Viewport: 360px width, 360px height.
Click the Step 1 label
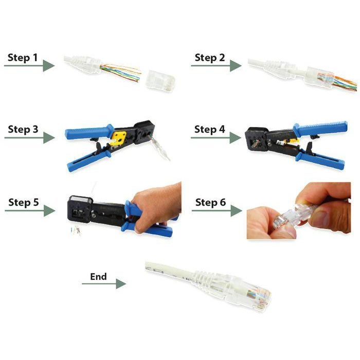click(x=23, y=57)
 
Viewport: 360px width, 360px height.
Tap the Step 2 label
click(x=209, y=57)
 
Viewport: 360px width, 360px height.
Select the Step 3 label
click(x=23, y=129)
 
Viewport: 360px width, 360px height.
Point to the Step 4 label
click(x=209, y=129)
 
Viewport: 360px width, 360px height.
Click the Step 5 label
click(x=23, y=202)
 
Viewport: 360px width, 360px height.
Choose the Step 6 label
click(x=210, y=203)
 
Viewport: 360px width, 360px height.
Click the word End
click(x=98, y=276)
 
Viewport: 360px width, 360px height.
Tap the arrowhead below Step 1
click(x=49, y=66)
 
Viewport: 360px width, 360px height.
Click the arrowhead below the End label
click(x=120, y=284)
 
